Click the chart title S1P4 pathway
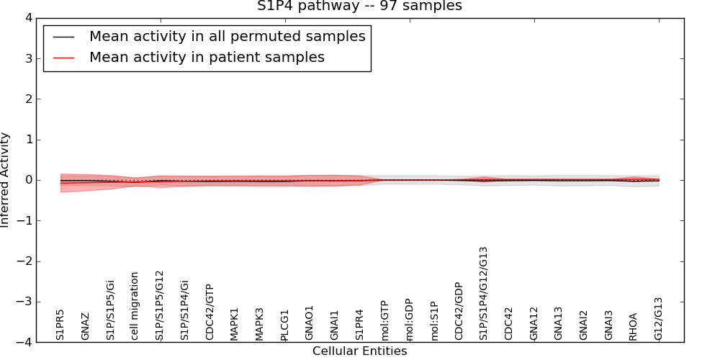pos(359,6)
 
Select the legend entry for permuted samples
pos(227,36)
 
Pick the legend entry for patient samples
pos(207,58)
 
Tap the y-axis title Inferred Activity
pos(6,180)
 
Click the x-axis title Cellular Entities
pos(359,351)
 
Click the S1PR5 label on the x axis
pos(60,325)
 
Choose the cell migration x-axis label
pos(135,305)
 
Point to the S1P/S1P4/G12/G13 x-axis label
pos(484,293)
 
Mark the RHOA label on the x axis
pos(634,326)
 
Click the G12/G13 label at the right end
pos(659,318)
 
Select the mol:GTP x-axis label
pos(384,320)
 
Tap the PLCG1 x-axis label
pos(284,325)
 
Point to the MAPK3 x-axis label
pos(259,324)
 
